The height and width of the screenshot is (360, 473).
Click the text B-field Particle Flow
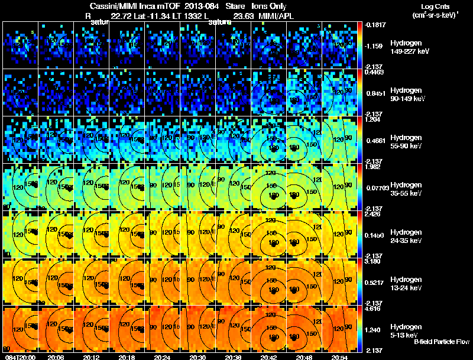pos(442,342)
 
